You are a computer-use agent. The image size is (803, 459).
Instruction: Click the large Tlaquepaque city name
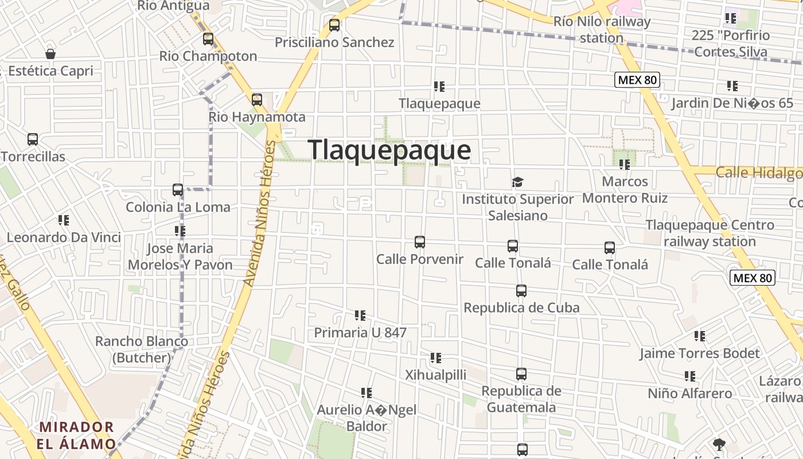point(389,150)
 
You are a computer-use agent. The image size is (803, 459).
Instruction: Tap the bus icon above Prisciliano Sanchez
point(334,25)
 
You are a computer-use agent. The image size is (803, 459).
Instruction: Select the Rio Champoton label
point(208,56)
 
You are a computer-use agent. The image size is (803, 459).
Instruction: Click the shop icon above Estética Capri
point(50,54)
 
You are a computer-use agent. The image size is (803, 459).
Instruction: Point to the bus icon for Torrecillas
point(33,139)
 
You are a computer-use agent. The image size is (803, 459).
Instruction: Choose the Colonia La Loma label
point(178,207)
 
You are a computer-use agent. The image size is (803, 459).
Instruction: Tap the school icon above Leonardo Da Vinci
point(63,220)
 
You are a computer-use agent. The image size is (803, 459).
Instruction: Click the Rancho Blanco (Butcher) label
point(142,349)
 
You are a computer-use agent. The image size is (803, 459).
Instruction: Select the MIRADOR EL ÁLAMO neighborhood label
point(76,435)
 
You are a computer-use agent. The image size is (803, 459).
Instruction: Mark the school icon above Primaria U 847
point(360,315)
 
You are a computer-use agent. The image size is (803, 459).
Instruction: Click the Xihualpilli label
point(436,375)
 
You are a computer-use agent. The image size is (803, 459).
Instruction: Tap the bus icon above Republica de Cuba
point(521,291)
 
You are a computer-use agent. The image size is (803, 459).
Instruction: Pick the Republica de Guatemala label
point(521,399)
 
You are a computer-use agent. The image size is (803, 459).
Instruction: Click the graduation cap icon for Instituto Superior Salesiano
point(518,182)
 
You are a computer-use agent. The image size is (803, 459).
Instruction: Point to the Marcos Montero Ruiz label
point(625,190)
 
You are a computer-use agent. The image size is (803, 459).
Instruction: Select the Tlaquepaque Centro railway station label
point(710,233)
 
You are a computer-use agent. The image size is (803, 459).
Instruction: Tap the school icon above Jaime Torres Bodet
point(700,336)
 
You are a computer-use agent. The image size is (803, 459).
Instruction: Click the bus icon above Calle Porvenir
point(420,242)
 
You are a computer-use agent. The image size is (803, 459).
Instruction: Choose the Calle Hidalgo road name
point(758,172)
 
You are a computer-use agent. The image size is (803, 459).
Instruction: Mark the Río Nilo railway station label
point(602,30)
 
